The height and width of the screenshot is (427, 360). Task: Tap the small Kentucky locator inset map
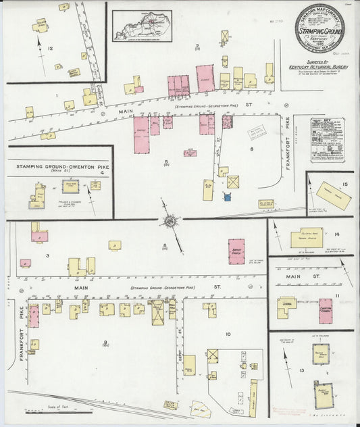tap(142, 25)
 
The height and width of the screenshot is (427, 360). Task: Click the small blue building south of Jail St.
tap(228, 197)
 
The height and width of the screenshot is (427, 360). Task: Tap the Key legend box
tap(328, 140)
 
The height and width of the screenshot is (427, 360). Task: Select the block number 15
tap(344, 184)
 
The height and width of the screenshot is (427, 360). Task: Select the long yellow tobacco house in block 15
tap(332, 195)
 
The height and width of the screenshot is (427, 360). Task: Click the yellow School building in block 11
tap(286, 307)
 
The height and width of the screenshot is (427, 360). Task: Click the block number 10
tap(228, 334)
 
